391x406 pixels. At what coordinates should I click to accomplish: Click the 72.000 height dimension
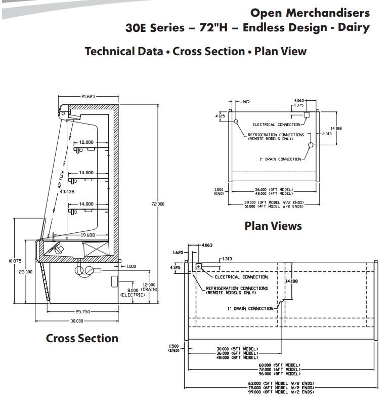(157, 204)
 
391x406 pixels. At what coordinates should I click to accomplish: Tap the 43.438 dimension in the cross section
(67, 192)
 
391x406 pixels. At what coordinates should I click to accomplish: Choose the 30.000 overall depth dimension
(77, 321)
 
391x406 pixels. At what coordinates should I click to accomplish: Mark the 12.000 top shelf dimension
(85, 142)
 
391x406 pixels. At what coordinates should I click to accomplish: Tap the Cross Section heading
(82, 338)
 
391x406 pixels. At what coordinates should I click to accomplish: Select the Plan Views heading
(273, 226)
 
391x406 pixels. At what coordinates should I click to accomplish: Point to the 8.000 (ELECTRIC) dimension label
(133, 292)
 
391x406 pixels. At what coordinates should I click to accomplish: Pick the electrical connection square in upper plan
(307, 115)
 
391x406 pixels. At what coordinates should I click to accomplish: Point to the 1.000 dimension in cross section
(131, 266)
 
